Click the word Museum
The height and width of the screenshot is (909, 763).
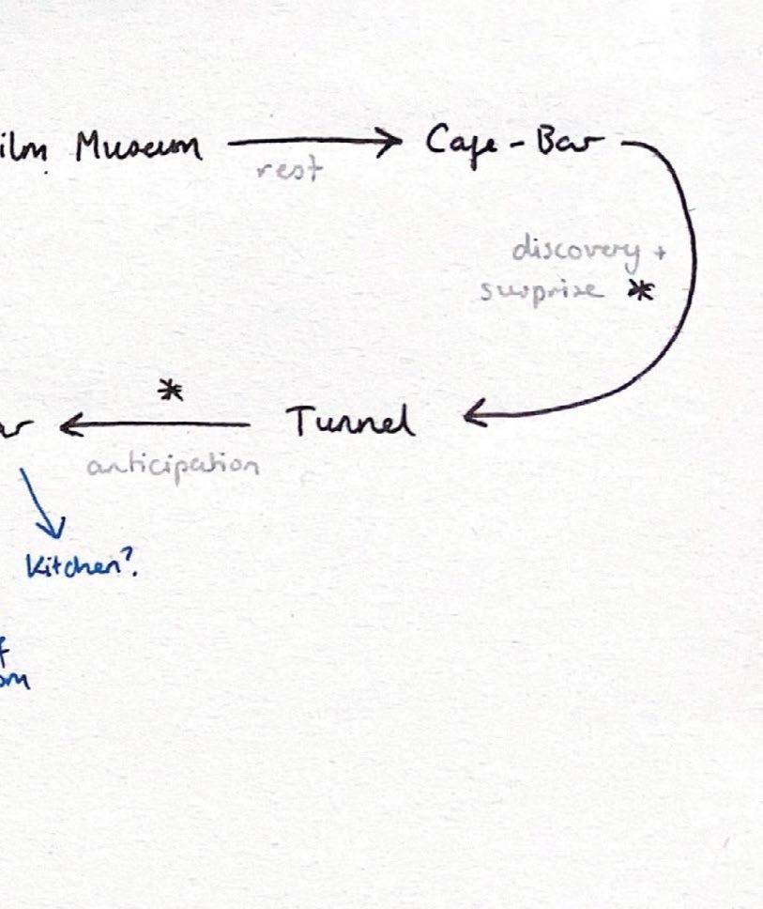(x=139, y=147)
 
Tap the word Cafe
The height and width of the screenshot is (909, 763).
(x=459, y=144)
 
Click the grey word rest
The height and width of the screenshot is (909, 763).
(x=289, y=169)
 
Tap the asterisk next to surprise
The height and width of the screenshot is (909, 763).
(x=640, y=292)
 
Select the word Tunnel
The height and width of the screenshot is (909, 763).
(x=350, y=422)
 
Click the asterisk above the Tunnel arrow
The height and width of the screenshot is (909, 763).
(x=170, y=391)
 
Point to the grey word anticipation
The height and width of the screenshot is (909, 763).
(x=173, y=465)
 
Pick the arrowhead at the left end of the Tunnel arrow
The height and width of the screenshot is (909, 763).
(x=69, y=427)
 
